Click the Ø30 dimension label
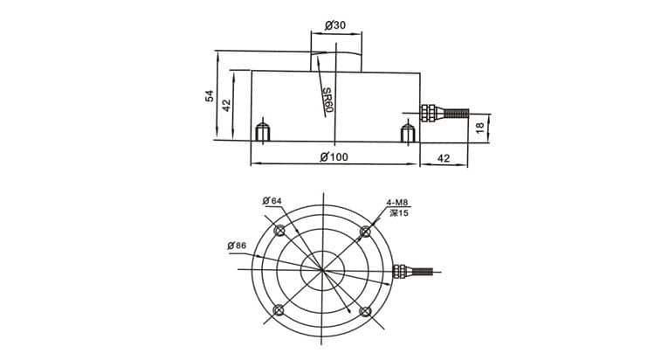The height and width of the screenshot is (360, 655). (x=335, y=25)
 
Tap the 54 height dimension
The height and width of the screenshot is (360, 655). (x=210, y=96)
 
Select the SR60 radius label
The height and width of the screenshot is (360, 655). (x=327, y=100)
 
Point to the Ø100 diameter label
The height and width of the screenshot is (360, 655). (x=334, y=157)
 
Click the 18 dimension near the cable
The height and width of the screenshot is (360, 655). (x=480, y=128)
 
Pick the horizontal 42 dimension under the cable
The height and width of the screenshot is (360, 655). (x=443, y=158)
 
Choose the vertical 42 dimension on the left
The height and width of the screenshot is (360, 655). (x=226, y=105)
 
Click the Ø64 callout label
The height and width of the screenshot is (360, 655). (x=272, y=201)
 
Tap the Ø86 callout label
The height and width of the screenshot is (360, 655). (x=237, y=246)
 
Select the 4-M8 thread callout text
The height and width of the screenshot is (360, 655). (x=396, y=203)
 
